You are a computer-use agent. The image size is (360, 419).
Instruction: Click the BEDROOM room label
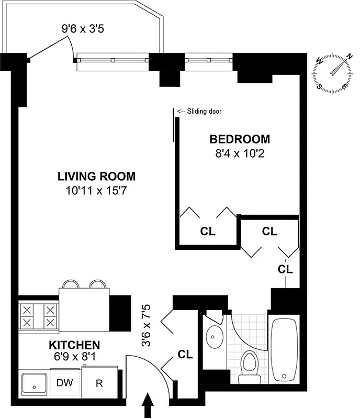tap(240, 139)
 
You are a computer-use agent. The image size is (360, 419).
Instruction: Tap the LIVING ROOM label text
tap(96, 177)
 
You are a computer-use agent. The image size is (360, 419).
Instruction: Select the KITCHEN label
tap(74, 345)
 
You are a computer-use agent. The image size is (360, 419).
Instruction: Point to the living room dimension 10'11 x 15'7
tap(96, 190)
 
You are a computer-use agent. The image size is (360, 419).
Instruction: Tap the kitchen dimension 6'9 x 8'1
tap(74, 358)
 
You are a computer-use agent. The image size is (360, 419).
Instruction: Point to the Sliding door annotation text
tap(199, 112)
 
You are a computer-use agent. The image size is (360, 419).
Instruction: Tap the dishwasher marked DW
tap(65, 382)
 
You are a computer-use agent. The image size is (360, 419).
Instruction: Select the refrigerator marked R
tap(99, 382)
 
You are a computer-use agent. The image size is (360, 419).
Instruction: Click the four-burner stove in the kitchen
tap(38, 316)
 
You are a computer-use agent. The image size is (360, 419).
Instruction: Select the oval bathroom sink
tap(215, 334)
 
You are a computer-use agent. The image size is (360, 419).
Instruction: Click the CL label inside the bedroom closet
tap(208, 231)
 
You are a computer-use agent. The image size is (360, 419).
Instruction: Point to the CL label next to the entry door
tap(185, 355)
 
